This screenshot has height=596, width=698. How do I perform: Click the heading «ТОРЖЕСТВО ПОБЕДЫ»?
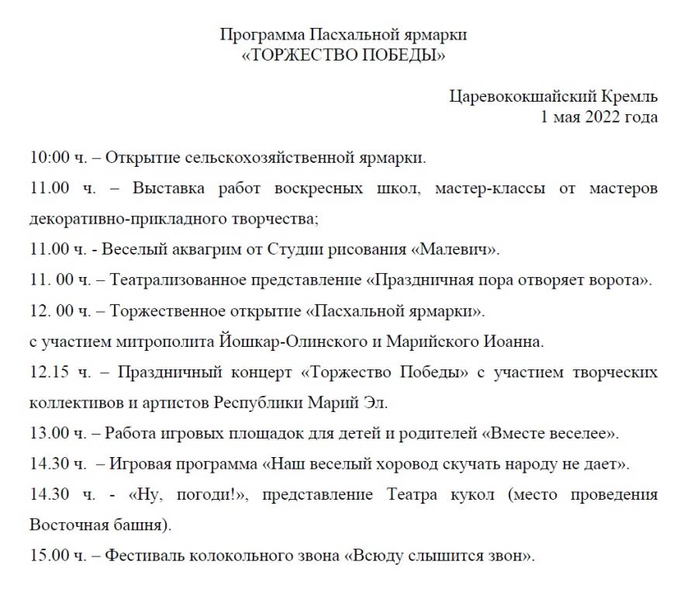click(x=344, y=55)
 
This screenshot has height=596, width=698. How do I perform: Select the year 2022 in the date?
click(x=600, y=117)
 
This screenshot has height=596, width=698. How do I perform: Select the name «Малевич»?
click(x=455, y=250)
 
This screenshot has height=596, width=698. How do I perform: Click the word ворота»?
click(x=623, y=280)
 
